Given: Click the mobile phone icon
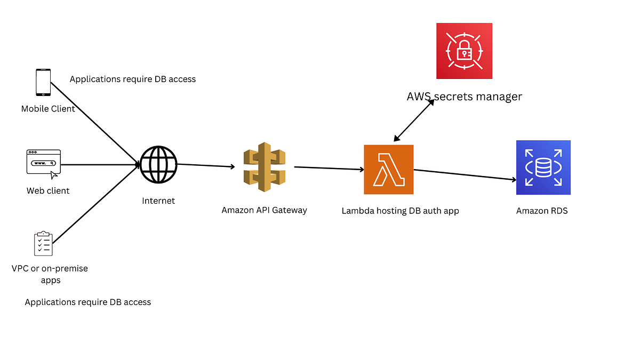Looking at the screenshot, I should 43,83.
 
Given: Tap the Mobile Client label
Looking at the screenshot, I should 48,109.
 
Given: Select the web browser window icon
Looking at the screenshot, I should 44,163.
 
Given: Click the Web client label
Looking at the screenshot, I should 48,190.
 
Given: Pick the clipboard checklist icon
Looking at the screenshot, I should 43,244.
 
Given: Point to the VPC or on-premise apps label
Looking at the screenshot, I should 50,274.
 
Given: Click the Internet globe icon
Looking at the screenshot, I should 158,164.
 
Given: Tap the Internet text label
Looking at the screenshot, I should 158,201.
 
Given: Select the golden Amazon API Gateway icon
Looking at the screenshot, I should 264,167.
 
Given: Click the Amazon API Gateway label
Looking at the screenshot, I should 264,210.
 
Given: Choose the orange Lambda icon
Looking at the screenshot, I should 388,170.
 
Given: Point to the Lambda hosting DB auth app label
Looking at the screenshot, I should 400,211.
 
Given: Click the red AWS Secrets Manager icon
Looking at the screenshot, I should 464,51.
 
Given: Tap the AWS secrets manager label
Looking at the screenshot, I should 464,97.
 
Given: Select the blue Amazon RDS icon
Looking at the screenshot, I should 543,167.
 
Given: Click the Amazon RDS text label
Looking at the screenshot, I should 542,211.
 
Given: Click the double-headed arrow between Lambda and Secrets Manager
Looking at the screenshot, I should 414,121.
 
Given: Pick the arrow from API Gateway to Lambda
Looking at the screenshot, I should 329,169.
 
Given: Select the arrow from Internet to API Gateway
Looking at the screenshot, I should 206,165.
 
